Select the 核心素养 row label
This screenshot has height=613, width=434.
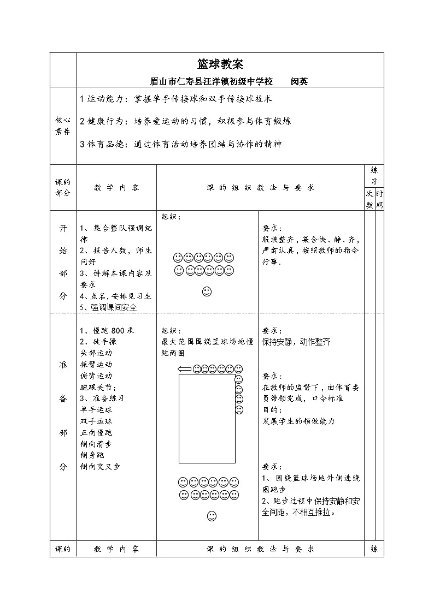(x=63, y=125)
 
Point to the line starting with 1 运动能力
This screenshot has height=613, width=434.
(x=176, y=99)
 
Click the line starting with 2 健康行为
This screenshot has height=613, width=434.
(x=185, y=121)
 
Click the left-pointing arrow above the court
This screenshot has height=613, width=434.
(x=185, y=370)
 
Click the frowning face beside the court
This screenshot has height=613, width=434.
(x=239, y=409)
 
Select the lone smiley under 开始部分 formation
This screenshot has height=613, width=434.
(x=207, y=291)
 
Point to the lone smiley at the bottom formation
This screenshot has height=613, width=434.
(x=212, y=515)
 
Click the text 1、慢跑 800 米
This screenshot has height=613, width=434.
(x=107, y=330)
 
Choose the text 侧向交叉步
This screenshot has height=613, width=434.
(x=100, y=466)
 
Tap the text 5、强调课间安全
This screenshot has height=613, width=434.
(x=108, y=307)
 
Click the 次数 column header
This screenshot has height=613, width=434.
(x=370, y=199)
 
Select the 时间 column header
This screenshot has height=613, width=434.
(x=379, y=199)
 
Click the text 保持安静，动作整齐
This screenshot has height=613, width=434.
(x=296, y=342)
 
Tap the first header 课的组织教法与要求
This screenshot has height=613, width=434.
(x=260, y=187)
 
